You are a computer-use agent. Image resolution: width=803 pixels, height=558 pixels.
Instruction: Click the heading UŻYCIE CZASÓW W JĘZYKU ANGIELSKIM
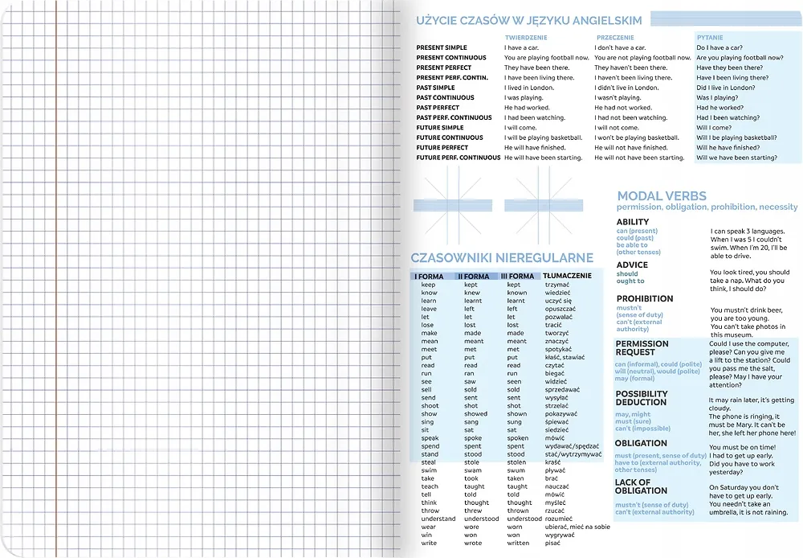coord(529,20)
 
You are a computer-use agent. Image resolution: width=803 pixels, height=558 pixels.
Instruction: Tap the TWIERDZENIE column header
coord(527,38)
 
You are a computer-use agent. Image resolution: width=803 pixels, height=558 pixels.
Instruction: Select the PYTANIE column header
coord(710,38)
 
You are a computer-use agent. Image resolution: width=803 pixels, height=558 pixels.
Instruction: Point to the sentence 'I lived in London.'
coord(529,88)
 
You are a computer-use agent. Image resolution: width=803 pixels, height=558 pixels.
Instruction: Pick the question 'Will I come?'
coord(714,128)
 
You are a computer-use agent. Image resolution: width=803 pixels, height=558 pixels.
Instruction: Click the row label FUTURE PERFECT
coord(442,148)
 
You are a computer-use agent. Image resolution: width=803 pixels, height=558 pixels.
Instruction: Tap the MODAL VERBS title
coord(662,195)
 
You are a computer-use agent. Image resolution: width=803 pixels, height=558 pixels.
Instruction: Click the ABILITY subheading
coord(633,222)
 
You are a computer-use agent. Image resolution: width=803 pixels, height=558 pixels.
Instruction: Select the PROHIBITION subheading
coord(645,298)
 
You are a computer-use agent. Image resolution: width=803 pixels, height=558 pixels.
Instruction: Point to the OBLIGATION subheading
coord(641,443)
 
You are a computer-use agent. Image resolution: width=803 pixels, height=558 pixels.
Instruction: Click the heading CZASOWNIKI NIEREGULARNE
coord(502,258)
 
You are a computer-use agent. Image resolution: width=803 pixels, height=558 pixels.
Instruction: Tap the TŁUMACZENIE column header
coord(567,276)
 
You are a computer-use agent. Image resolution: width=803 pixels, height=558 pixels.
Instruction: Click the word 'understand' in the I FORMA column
coord(438,519)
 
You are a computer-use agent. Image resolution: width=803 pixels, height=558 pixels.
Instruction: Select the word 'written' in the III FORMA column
coord(518,544)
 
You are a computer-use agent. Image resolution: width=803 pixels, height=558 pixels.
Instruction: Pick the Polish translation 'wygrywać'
coord(559,535)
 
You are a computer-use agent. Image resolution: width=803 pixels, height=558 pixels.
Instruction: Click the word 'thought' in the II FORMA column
coord(476,503)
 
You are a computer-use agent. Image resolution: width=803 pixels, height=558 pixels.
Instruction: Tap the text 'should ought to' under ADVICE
coord(630,277)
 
